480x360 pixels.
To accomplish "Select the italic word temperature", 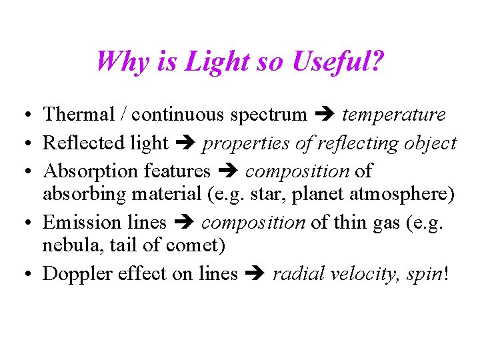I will (x=393, y=115).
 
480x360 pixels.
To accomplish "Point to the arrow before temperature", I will (x=325, y=115).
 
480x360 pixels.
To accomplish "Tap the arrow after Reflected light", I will (x=185, y=143).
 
